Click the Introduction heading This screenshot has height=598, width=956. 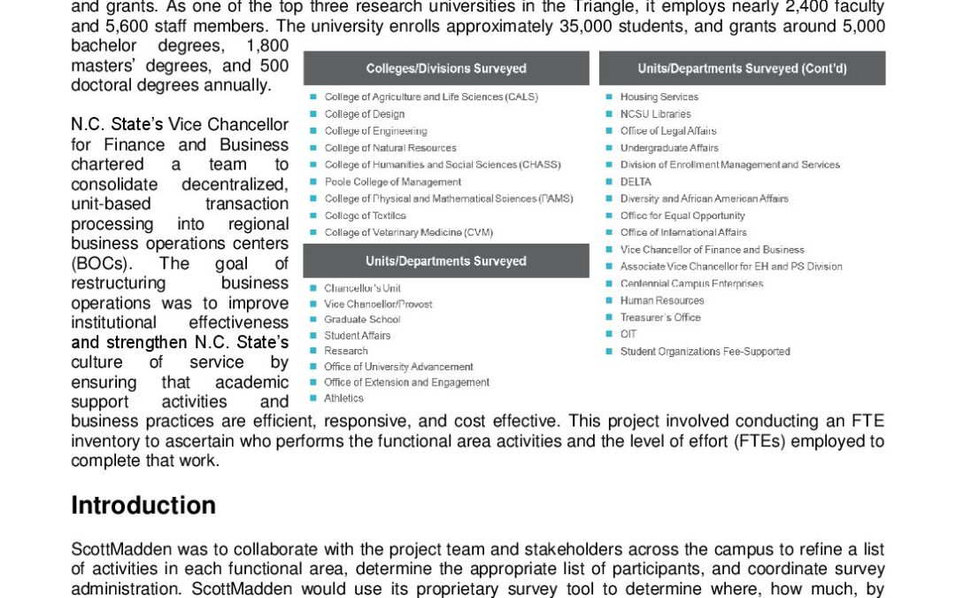(x=143, y=505)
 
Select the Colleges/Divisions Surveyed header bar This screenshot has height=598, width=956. (x=446, y=68)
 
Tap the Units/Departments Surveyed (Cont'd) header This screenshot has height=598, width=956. (x=742, y=68)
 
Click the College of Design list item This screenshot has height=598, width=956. (x=364, y=114)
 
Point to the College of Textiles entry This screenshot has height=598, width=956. (x=365, y=215)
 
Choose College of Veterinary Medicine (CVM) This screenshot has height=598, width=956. (x=408, y=232)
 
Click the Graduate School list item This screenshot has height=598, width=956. (x=362, y=319)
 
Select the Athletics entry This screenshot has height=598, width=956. (x=343, y=398)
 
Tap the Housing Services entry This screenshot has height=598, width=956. (x=659, y=97)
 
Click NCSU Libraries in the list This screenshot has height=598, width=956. (x=655, y=114)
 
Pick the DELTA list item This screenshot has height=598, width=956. (x=636, y=182)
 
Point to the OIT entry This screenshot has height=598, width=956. (x=628, y=334)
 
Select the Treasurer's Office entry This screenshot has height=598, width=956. (x=659, y=317)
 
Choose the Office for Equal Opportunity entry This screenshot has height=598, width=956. (x=682, y=215)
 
